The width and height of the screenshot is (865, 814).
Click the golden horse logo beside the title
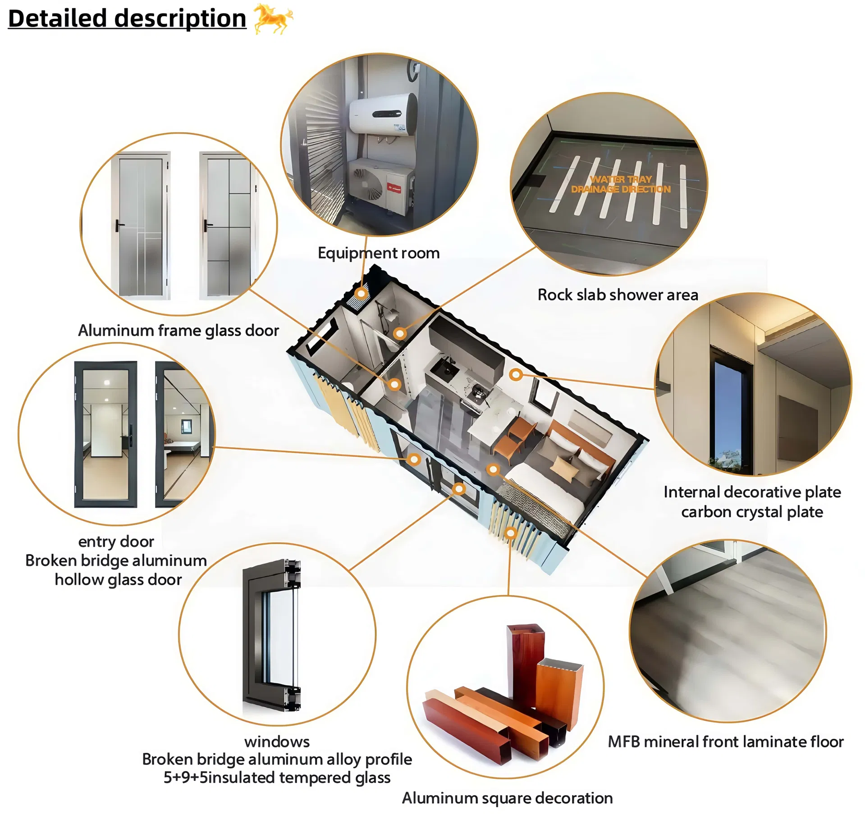tap(273, 18)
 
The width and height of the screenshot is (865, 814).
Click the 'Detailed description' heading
tap(127, 19)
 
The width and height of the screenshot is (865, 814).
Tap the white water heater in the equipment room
tap(383, 114)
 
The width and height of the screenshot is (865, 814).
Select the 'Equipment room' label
tap(379, 253)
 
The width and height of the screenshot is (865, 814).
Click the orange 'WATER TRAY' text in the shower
tap(621, 179)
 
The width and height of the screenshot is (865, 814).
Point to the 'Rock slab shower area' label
tap(618, 295)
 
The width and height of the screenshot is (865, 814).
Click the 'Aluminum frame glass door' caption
tap(178, 331)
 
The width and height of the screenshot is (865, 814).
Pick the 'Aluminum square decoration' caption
tap(507, 798)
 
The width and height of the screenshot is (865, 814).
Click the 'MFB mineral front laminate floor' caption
tap(726, 742)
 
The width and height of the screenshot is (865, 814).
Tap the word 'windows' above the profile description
tap(277, 742)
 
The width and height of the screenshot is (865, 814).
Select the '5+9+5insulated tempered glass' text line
tap(277, 778)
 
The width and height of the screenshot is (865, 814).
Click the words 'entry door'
tap(116, 541)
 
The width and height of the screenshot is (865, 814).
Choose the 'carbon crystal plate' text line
tap(752, 512)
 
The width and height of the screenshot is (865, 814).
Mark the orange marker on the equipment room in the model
tap(361, 294)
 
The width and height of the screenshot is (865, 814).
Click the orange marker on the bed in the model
tap(494, 470)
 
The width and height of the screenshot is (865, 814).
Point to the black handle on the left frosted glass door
tap(119, 225)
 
